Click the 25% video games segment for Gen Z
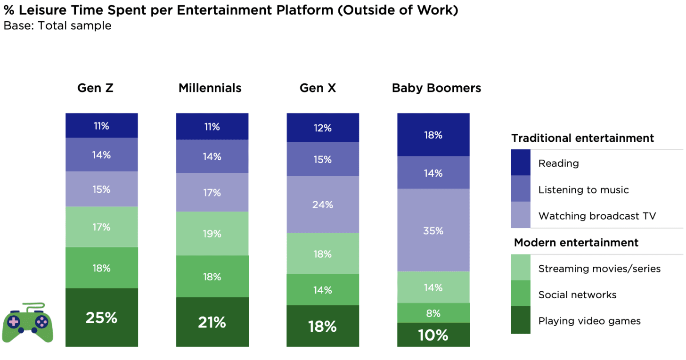101,318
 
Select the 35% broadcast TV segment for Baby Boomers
433,230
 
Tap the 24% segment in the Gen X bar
322,205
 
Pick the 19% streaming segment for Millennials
212,233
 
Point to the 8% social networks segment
433,313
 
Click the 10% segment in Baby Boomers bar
433,335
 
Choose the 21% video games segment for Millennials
212,322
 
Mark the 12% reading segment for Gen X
322,128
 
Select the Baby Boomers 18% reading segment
433,135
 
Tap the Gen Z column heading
95,88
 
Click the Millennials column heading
210,88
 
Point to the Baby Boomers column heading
436,88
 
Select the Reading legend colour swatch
521,163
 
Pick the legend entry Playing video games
589,321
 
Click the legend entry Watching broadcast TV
597,216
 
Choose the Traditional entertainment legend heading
582,138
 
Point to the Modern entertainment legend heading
576,243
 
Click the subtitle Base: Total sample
57,25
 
